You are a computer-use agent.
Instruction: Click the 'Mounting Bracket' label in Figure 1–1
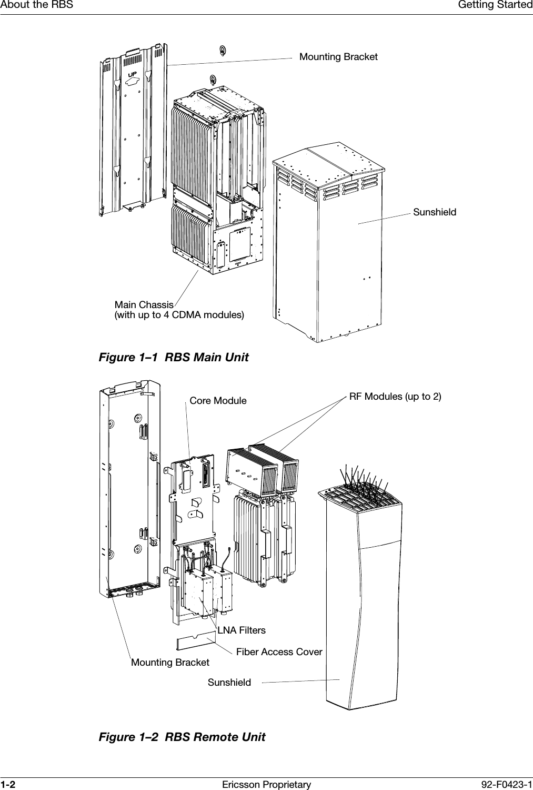pyautogui.click(x=338, y=56)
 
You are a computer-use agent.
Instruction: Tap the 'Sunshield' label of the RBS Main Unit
pyautogui.click(x=435, y=212)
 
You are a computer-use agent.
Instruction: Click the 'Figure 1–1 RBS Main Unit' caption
pyautogui.click(x=174, y=358)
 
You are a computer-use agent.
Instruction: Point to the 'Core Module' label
pyautogui.click(x=218, y=401)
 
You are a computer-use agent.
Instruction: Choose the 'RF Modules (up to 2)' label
pyautogui.click(x=395, y=396)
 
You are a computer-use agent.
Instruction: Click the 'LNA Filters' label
pyautogui.click(x=242, y=630)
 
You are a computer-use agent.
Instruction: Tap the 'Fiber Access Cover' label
pyautogui.click(x=279, y=652)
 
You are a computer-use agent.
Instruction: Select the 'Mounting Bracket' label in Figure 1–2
pyautogui.click(x=170, y=662)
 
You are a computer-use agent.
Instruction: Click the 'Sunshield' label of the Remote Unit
pyautogui.click(x=229, y=683)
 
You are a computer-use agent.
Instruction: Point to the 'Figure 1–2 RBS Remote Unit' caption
pyautogui.click(x=182, y=737)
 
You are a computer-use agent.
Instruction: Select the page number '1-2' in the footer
pyautogui.click(x=8, y=785)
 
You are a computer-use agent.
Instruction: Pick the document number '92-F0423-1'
pyautogui.click(x=507, y=785)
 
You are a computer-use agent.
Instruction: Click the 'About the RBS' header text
pyautogui.click(x=36, y=5)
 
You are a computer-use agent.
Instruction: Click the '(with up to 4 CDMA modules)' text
pyautogui.click(x=179, y=315)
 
